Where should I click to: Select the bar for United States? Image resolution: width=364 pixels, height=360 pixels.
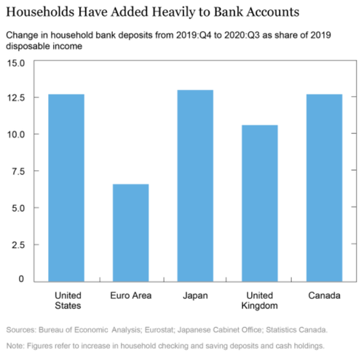point(66,188)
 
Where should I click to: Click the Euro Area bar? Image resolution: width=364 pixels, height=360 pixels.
point(131,233)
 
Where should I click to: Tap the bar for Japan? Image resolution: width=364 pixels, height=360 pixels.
point(195,185)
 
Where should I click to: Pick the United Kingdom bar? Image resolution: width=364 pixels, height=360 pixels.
point(260,204)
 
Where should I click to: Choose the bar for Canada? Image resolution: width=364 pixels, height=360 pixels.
point(325,188)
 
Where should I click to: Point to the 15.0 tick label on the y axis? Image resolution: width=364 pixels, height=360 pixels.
point(16,63)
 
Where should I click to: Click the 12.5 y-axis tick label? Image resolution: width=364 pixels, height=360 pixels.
point(16,98)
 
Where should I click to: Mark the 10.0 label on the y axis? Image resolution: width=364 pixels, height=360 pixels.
point(16,135)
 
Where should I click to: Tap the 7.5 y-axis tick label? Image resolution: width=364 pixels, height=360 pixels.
point(18,172)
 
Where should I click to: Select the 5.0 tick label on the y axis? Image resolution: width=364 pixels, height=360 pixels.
point(18,208)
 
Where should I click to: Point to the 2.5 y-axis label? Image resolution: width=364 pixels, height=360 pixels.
point(18,245)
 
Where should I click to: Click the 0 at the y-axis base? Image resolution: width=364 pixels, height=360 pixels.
point(21,279)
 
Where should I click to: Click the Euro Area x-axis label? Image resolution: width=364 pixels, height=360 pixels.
point(131,295)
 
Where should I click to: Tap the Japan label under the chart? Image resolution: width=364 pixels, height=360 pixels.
point(195,296)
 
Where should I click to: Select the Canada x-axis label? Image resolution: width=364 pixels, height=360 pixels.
point(324,295)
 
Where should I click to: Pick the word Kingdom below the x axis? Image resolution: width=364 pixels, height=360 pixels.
point(259,306)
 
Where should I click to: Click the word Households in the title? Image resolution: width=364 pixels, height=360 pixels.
point(40,12)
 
